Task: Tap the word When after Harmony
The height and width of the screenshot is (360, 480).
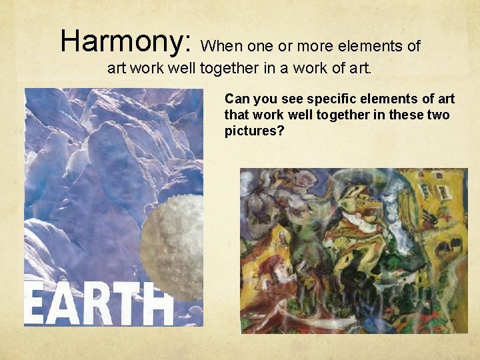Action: click(x=221, y=46)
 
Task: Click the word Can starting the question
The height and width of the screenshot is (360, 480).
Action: click(x=237, y=99)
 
